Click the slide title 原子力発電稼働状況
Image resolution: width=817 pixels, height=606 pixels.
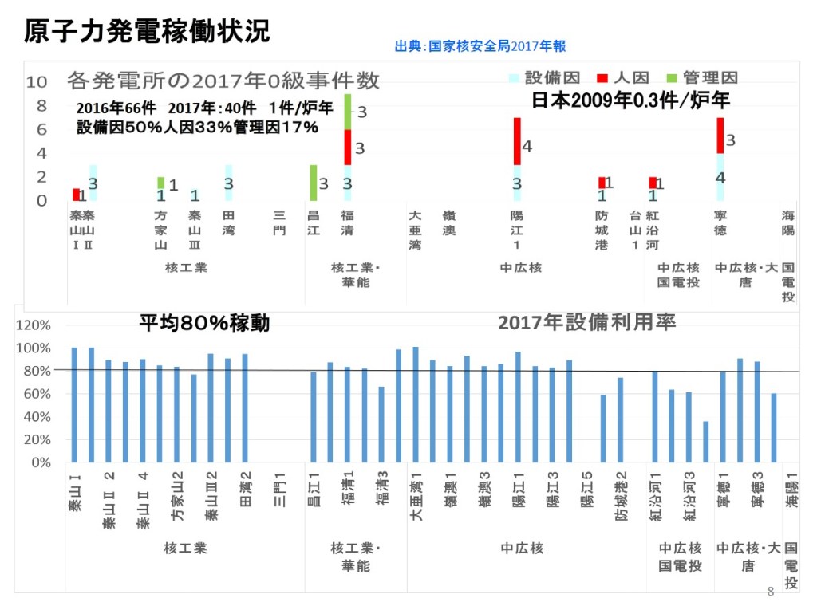[x=146, y=32]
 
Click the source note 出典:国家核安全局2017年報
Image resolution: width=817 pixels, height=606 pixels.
[x=480, y=47]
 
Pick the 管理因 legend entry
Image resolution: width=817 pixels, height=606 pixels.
[x=701, y=77]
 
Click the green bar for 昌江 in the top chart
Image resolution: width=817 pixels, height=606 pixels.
[x=313, y=183]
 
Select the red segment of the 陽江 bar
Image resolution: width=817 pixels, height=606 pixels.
[x=517, y=141]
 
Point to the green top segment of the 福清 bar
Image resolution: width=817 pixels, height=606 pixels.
[x=348, y=112]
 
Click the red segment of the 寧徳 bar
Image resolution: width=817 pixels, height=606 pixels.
[x=720, y=136]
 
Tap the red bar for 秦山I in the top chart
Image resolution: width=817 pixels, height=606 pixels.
[x=76, y=195]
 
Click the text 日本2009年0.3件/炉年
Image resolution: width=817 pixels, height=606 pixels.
[x=630, y=100]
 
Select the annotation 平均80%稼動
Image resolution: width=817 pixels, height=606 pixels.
[x=204, y=323]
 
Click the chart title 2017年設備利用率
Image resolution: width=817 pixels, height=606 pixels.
[x=586, y=322]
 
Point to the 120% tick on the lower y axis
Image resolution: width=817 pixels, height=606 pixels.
[x=34, y=325]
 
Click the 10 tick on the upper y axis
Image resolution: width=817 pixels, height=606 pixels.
[x=37, y=81]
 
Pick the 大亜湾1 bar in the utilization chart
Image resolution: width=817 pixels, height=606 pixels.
[x=416, y=404]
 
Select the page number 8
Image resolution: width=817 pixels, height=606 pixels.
[x=770, y=592]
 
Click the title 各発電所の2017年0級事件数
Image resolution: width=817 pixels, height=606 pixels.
[x=223, y=80]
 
